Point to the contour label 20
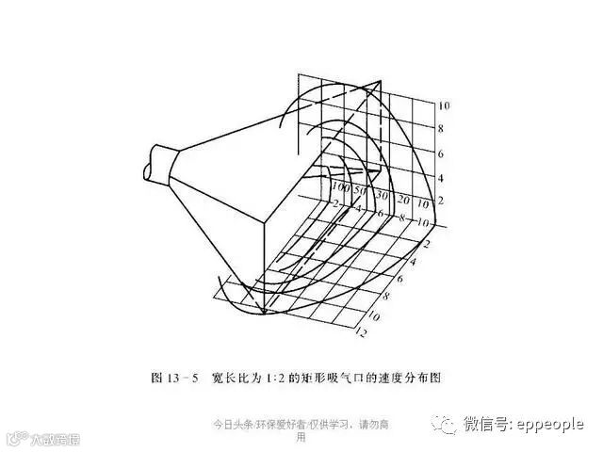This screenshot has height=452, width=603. [x=402, y=200]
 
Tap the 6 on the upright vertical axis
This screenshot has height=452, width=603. [x=441, y=154]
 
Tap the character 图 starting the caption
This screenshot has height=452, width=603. [x=156, y=378]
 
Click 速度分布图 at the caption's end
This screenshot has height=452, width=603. [x=408, y=378]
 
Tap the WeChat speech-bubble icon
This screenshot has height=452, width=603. [x=444, y=425]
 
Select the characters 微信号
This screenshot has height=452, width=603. [x=484, y=425]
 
